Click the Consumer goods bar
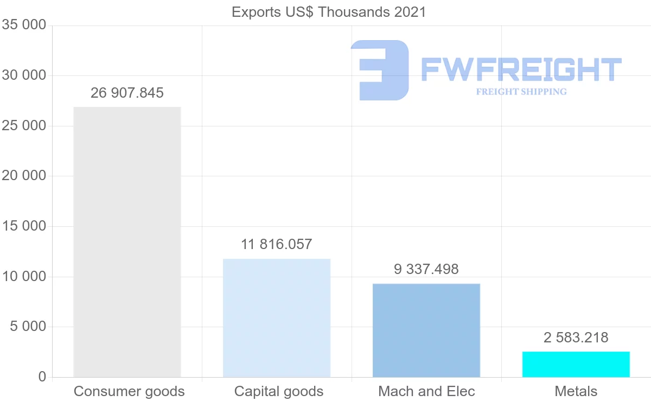coord(127,241)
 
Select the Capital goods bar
coord(277,317)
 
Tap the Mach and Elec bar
coord(426,330)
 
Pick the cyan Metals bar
coord(576,364)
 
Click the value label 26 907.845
coord(127,93)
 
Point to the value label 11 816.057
coord(277,244)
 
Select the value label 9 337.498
coord(426,269)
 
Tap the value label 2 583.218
coord(576,337)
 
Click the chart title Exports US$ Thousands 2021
coord(329,12)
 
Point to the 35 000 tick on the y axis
coord(24,26)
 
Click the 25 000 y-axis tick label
coord(24,126)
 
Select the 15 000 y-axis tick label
coord(24,226)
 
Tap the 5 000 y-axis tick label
coord(28,327)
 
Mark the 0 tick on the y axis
coord(42,377)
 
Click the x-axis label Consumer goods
coord(129,391)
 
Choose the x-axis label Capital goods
coord(279,391)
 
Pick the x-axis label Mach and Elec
coord(426,391)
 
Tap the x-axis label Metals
coord(576,391)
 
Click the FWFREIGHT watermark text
coord(521,69)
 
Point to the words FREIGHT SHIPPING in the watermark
coord(521,92)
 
